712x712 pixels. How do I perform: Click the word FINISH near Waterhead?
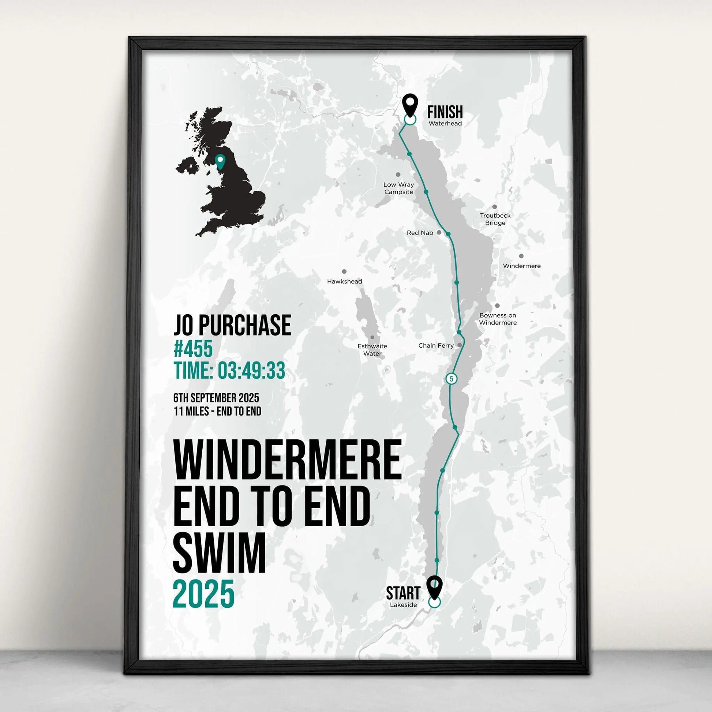pyautogui.click(x=445, y=112)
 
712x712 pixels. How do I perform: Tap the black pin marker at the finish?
pyautogui.click(x=410, y=104)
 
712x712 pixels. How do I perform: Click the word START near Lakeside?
pyautogui.click(x=403, y=593)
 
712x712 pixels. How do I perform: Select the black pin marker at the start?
pyautogui.click(x=435, y=587)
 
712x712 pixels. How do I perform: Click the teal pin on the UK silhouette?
pyautogui.click(x=220, y=161)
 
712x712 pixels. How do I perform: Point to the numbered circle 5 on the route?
pyautogui.click(x=451, y=379)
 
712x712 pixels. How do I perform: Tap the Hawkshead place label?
pyautogui.click(x=345, y=282)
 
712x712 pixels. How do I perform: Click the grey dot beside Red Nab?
pyautogui.click(x=439, y=233)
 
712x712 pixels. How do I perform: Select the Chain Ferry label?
pyautogui.click(x=436, y=346)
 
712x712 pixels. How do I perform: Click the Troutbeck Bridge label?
pyautogui.click(x=495, y=219)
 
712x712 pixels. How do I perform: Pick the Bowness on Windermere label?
pyautogui.click(x=498, y=319)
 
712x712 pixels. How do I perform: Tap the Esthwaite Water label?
pyautogui.click(x=372, y=350)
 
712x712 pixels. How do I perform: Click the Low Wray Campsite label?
pyautogui.click(x=398, y=188)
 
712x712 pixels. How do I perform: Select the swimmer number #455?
pyautogui.click(x=193, y=349)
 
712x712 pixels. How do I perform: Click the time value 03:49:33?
pyautogui.click(x=251, y=370)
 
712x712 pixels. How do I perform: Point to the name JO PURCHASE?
pyautogui.click(x=232, y=325)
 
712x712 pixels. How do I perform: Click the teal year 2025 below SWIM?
pyautogui.click(x=203, y=594)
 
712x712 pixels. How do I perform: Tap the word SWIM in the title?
pyautogui.click(x=219, y=553)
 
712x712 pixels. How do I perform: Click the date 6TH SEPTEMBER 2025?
pyautogui.click(x=216, y=398)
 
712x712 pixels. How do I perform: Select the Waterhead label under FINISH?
pyautogui.click(x=445, y=123)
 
